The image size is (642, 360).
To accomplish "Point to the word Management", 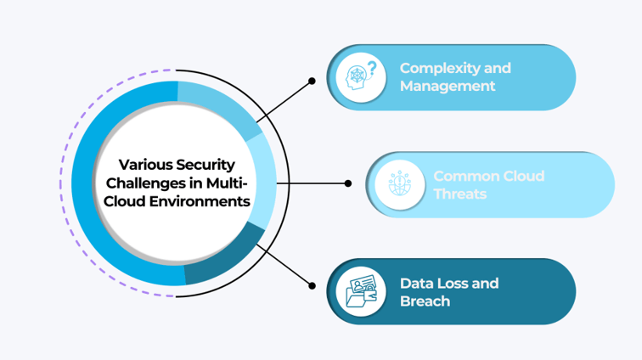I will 448,87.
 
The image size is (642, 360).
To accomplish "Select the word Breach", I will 425,301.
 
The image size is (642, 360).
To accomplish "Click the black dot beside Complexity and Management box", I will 312,82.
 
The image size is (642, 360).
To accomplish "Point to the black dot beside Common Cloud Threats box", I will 348,183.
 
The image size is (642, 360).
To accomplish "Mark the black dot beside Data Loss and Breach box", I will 312,286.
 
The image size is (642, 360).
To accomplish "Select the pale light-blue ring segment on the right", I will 266,183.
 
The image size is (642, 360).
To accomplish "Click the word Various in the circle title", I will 144,165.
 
